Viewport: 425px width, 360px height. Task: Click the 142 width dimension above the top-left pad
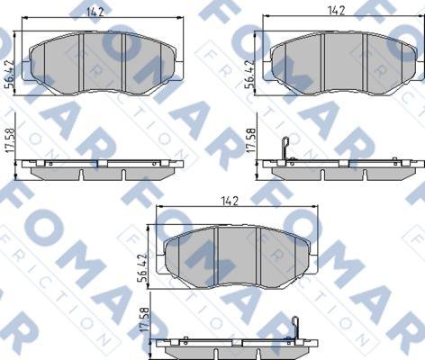tap(95, 13)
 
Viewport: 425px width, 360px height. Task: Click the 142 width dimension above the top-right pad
tap(336, 11)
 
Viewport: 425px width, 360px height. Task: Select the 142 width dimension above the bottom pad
tap(230, 201)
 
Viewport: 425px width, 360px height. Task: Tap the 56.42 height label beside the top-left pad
tap(10, 74)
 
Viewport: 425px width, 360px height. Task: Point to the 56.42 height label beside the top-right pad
tap(250, 74)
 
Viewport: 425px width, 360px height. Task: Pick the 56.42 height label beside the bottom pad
tap(142, 268)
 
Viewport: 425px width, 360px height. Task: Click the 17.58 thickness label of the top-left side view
tap(11, 141)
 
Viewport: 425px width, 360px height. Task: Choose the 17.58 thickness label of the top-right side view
tap(250, 140)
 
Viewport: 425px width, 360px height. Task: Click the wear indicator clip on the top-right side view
tap(285, 149)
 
